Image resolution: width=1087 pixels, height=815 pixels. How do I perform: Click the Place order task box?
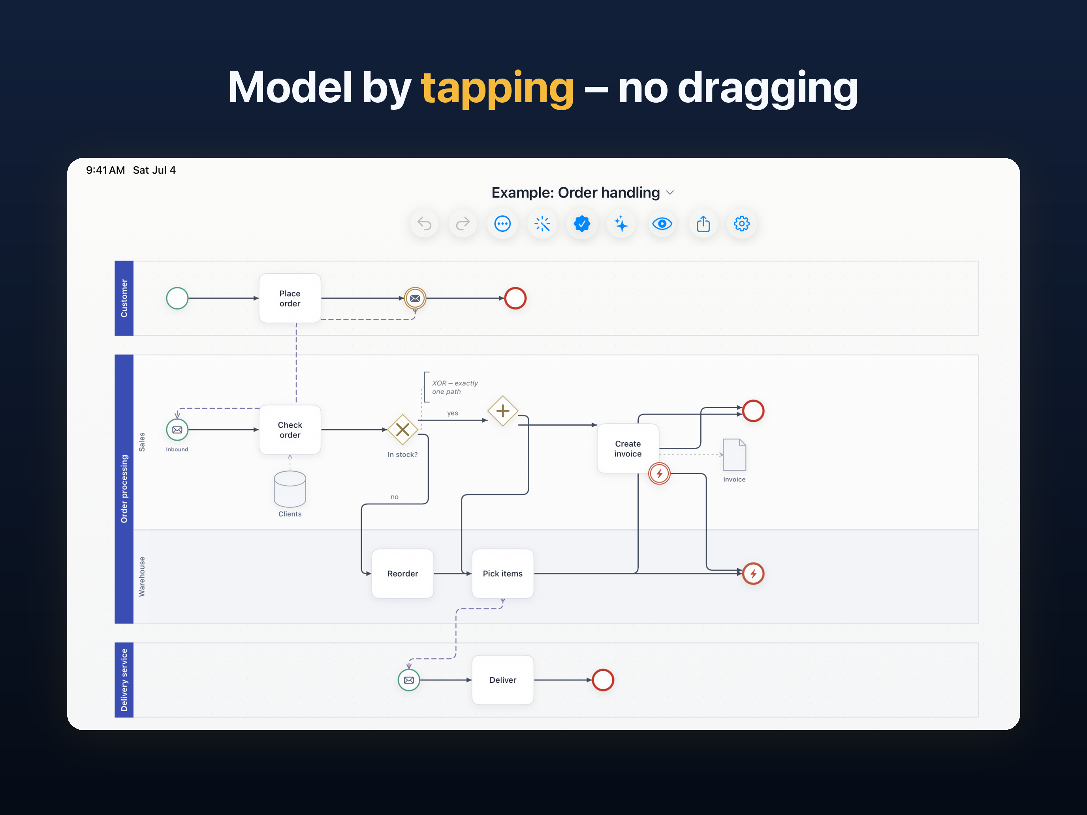pos(290,298)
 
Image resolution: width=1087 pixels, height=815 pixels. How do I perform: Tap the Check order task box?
pos(290,430)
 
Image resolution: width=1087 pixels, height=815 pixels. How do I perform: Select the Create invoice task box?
pos(628,449)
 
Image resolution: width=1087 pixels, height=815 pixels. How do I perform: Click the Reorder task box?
pos(402,573)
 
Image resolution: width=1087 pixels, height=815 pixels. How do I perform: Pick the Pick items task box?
pos(503,573)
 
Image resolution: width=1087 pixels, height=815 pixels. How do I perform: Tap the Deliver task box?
pos(503,680)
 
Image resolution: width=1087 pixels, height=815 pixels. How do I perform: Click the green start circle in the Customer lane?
pos(177,298)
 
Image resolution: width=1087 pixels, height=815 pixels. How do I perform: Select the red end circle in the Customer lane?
pos(515,298)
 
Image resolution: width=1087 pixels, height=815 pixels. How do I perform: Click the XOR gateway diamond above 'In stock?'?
pos(402,430)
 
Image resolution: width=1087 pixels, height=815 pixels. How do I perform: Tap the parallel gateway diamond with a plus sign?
pos(503,411)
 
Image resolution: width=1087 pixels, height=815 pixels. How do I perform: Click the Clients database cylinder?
pos(290,489)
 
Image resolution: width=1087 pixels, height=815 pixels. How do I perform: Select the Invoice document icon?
pos(734,454)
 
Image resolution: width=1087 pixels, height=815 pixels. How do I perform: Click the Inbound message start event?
pos(177,430)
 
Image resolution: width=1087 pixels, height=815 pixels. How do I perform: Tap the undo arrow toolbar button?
pos(425,224)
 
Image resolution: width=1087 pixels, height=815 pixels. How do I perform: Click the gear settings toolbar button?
pos(741,224)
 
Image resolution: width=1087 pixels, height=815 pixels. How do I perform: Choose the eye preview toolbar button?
pos(662,224)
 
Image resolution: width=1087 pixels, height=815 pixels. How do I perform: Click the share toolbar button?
pos(703,224)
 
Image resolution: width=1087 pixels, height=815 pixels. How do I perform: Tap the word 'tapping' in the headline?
pos(497,88)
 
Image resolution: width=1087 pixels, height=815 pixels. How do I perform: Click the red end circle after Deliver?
pos(603,680)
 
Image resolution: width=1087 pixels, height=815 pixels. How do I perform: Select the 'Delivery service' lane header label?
pos(124,680)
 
